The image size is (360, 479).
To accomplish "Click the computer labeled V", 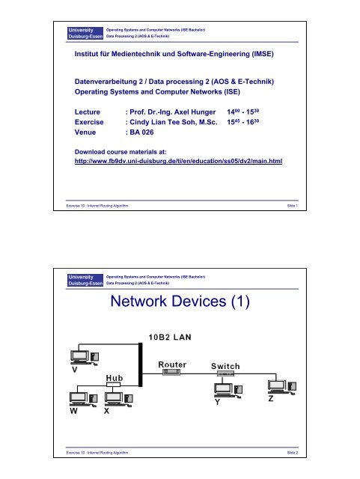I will point(78,358).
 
